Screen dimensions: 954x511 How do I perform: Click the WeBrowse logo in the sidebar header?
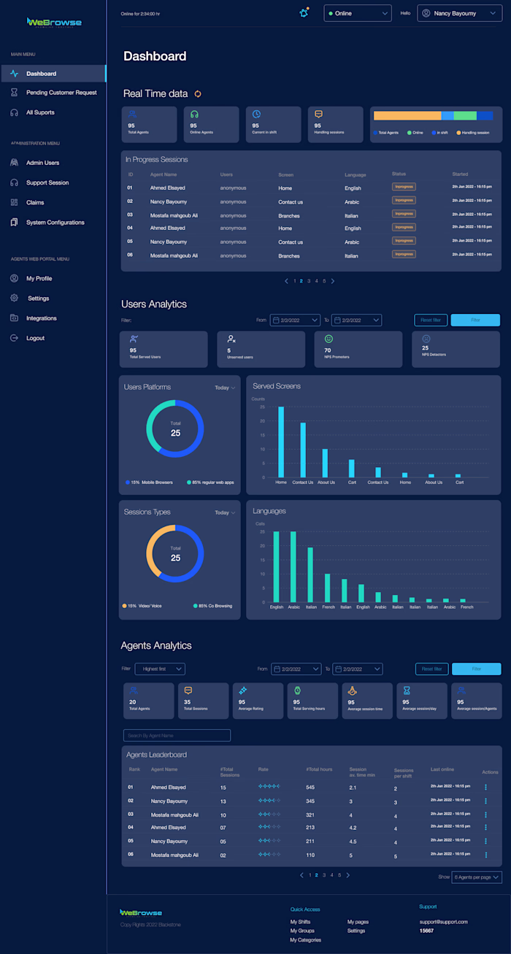(x=54, y=23)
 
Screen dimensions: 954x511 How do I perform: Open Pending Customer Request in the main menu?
(x=61, y=93)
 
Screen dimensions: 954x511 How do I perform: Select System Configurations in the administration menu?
(x=55, y=223)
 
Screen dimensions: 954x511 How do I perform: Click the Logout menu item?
(x=35, y=338)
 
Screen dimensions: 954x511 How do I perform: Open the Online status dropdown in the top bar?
(x=358, y=13)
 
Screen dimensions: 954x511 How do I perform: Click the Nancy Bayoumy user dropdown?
(x=459, y=13)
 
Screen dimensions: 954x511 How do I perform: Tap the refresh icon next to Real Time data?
(x=197, y=93)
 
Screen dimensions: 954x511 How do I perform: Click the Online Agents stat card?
(x=211, y=124)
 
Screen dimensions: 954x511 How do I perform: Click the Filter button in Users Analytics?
(x=475, y=320)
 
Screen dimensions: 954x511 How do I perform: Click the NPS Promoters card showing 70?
(x=358, y=349)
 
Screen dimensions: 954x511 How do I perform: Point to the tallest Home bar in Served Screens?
(x=281, y=442)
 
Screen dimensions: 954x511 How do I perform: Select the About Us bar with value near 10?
(x=326, y=463)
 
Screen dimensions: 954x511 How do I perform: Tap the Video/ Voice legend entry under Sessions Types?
(x=142, y=606)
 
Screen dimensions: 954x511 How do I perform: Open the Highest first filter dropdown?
(x=160, y=669)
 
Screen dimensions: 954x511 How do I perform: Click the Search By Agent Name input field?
(x=177, y=735)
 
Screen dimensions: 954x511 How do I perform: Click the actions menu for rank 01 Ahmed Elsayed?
(x=485, y=788)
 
